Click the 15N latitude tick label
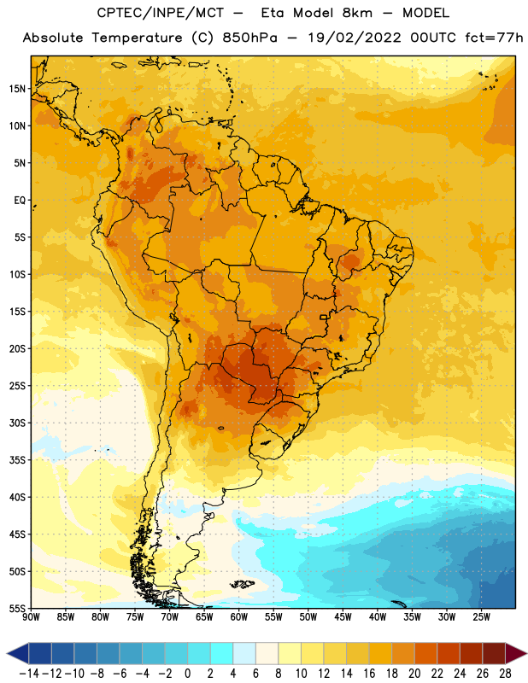pyautogui.click(x=17, y=89)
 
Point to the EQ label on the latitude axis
pyautogui.click(x=20, y=201)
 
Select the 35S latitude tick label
pyautogui.click(x=17, y=460)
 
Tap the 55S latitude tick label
pyautogui.click(x=17, y=609)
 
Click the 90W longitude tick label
pyautogui.click(x=31, y=617)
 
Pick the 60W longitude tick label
pyautogui.click(x=239, y=617)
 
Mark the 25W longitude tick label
pyautogui.click(x=481, y=617)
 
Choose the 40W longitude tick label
pyautogui.click(x=378, y=617)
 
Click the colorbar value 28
pyautogui.click(x=505, y=674)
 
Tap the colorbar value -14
pyautogui.click(x=29, y=674)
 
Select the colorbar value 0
pyautogui.click(x=187, y=674)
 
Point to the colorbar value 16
pyautogui.click(x=369, y=674)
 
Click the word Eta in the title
pyautogui.click(x=273, y=13)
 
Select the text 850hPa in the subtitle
pyautogui.click(x=249, y=38)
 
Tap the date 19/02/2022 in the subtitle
pyautogui.click(x=355, y=38)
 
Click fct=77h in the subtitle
pyautogui.click(x=494, y=38)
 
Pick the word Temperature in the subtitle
pyautogui.click(x=137, y=38)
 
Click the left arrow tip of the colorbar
pyautogui.click(x=7, y=653)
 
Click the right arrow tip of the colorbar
pyautogui.click(x=527, y=653)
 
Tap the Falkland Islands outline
pyautogui.click(x=243, y=584)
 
